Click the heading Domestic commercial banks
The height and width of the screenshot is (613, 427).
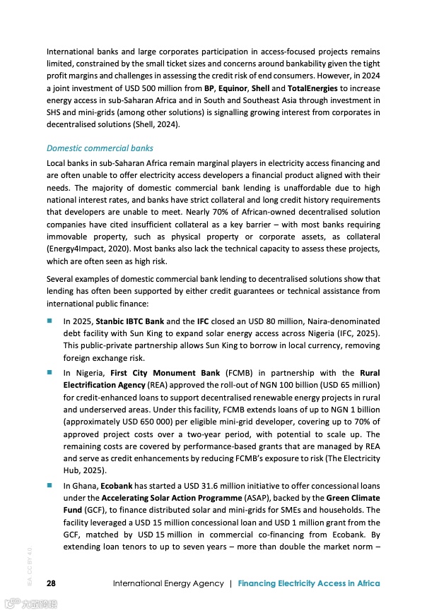100,148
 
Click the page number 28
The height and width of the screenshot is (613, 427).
52,583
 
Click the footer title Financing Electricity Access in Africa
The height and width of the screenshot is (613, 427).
309,583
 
